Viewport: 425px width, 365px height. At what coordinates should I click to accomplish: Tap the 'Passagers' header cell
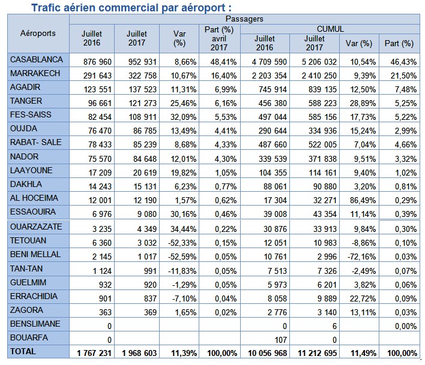coord(246,19)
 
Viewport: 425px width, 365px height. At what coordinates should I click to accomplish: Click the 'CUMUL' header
coord(330,28)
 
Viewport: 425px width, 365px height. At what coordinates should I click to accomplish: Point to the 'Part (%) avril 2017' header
coord(219,38)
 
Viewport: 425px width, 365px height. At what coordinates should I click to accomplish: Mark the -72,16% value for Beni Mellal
coord(358,255)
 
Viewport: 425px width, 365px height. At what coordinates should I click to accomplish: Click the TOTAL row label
coord(23,352)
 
